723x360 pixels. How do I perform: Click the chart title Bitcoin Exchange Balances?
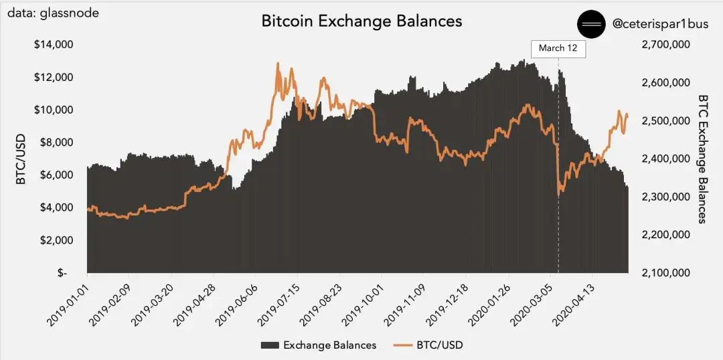pos(361,21)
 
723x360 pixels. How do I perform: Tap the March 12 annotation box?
pos(558,48)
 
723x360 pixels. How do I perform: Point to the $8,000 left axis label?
pos(56,143)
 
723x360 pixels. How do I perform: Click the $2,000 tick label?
pos(56,240)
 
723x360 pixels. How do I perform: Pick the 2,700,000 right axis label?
pos(665,45)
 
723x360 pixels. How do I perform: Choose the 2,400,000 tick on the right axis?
pos(665,159)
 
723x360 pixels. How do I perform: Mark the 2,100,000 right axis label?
pos(665,274)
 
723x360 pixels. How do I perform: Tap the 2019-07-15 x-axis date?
pos(280,301)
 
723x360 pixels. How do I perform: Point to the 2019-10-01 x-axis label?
pos(364,301)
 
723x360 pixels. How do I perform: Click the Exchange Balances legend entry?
pos(318,345)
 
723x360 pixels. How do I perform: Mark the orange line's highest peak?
pos(277,64)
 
